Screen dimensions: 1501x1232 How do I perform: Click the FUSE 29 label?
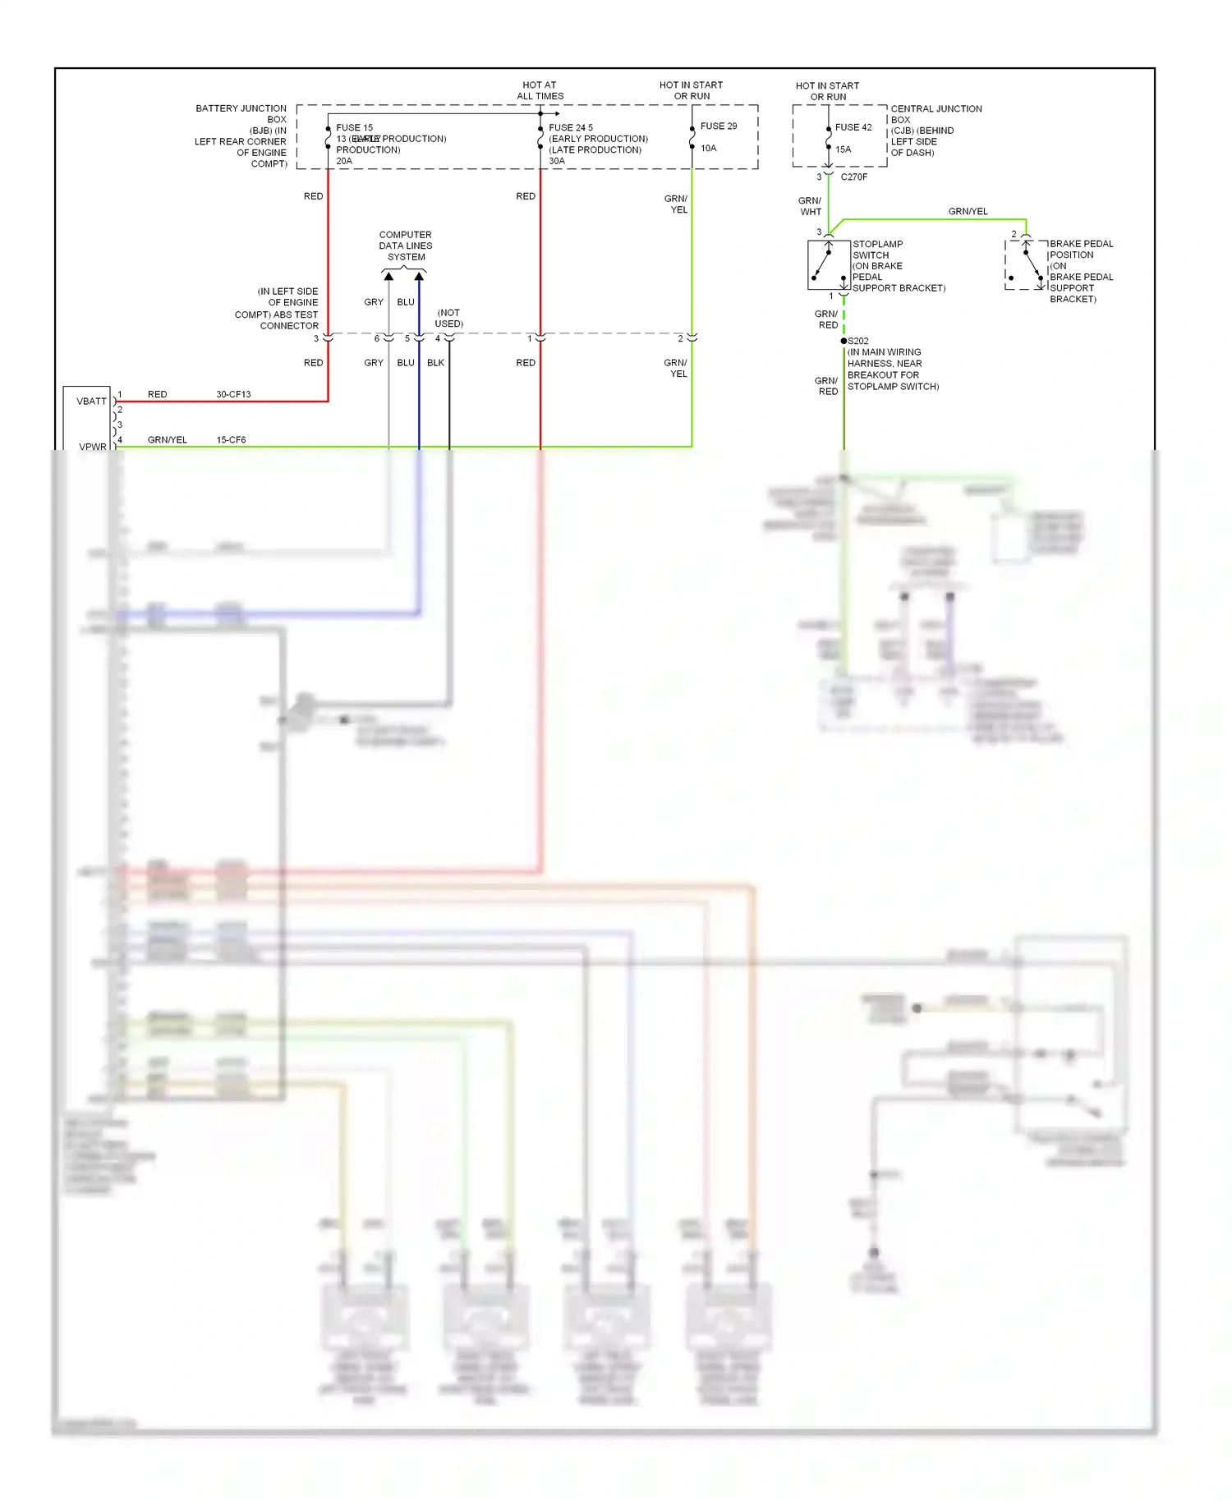(718, 126)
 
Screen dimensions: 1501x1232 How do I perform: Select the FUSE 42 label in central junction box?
(853, 127)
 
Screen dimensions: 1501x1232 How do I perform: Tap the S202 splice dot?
(844, 341)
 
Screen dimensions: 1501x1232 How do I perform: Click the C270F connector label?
(853, 177)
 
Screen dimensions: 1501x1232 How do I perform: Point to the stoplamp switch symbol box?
(828, 265)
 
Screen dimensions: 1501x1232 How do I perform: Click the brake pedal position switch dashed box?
(1026, 265)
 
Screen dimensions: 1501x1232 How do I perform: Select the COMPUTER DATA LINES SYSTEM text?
(406, 246)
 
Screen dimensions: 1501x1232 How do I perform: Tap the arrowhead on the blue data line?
(419, 277)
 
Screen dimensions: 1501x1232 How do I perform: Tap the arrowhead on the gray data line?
(388, 277)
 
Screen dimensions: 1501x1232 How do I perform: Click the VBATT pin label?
(91, 402)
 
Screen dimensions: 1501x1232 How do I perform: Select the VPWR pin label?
(93, 447)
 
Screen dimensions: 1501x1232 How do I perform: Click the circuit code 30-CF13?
(233, 395)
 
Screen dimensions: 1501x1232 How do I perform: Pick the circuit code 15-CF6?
(231, 440)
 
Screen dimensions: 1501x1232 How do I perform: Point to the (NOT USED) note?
(448, 319)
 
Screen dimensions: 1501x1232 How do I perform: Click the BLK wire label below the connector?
(435, 363)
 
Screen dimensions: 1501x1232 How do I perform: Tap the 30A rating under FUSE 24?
(556, 162)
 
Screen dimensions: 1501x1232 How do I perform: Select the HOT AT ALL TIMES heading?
(540, 90)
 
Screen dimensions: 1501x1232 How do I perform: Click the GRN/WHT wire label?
(810, 206)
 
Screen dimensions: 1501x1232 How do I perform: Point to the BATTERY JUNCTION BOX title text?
(241, 114)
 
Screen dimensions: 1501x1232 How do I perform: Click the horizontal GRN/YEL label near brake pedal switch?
(968, 212)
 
